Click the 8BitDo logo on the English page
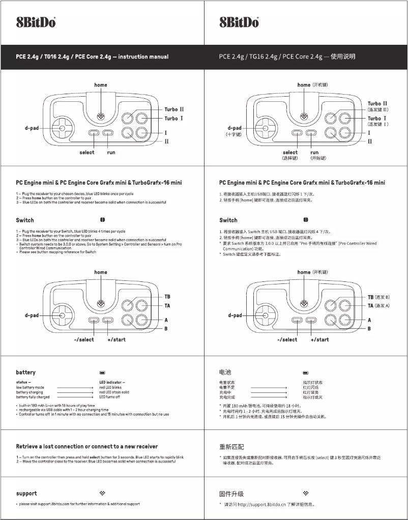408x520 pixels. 36,22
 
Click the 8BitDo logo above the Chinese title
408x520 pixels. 239,22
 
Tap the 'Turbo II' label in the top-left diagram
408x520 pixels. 173,109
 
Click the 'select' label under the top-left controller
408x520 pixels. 87,152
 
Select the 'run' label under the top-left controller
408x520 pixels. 111,152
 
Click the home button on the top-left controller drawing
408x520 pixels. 101,115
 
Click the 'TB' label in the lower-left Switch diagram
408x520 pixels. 167,297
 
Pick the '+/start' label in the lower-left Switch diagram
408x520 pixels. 116,339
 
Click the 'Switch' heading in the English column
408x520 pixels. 25,220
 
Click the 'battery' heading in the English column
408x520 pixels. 25,372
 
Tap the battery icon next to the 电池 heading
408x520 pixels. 306,373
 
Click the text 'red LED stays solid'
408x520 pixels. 114,392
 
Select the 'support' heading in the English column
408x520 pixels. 26,493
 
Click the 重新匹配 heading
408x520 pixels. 231,447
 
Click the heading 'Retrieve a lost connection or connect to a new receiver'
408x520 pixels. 87,446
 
